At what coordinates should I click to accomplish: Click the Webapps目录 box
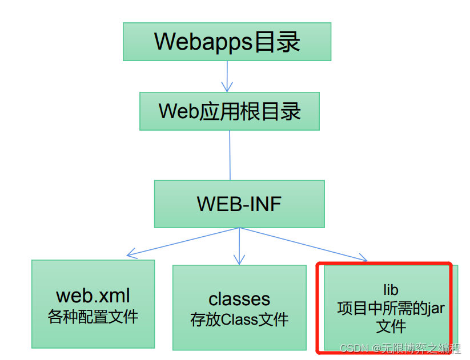pos(227,42)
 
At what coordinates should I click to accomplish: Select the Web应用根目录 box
pos(230,111)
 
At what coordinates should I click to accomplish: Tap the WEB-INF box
pos(239,204)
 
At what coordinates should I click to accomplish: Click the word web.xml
pos(93,296)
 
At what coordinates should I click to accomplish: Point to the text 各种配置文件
pos(93,316)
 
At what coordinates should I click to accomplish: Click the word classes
pos(239,299)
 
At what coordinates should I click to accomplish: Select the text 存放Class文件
pos(239,319)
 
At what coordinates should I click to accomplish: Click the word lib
pos(391,290)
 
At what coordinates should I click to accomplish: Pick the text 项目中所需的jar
pos(391,309)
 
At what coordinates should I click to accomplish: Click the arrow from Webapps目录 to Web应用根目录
pos(227,74)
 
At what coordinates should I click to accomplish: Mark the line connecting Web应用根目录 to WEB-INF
pos(230,155)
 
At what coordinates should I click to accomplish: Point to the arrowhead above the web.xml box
pos(131,253)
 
